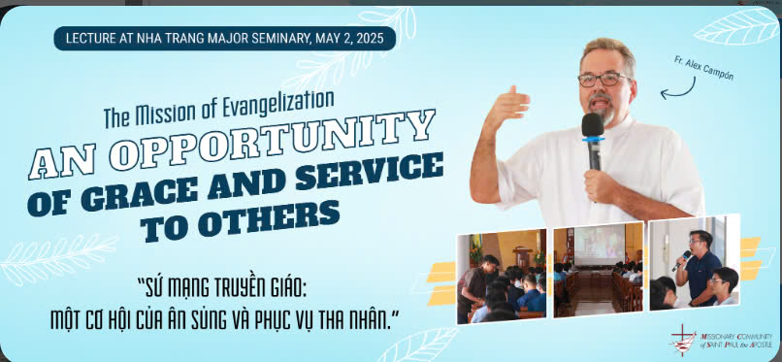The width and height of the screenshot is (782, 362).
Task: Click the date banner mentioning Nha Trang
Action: [x=224, y=39]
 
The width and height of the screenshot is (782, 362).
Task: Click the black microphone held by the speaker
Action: [x=593, y=141]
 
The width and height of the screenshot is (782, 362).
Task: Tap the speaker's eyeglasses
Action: [x=603, y=80]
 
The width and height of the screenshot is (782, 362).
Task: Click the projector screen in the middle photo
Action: [x=599, y=246]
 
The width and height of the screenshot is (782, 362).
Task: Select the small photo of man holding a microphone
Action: [x=695, y=263]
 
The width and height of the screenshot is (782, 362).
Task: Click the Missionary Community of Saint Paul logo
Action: [x=721, y=340]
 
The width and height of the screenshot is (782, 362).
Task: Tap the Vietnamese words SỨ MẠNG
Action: [x=176, y=290]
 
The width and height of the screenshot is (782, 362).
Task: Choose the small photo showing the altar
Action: [x=502, y=276]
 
